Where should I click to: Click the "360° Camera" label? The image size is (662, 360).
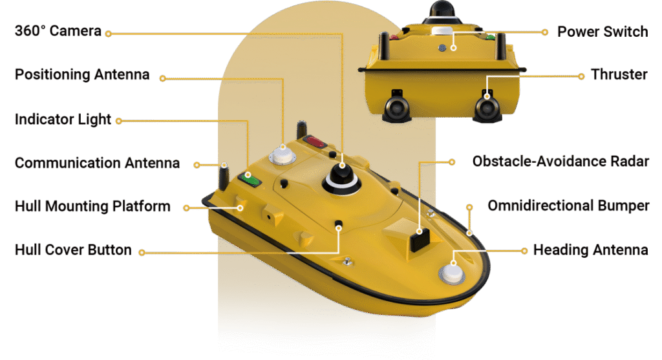click(58, 31)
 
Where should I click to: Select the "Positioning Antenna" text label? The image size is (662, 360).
click(82, 75)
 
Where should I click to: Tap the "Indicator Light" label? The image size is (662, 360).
click(63, 120)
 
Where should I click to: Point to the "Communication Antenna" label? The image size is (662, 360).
click(97, 163)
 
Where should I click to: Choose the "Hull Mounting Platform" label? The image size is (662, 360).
click(92, 206)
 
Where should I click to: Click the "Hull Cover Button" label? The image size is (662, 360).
click(73, 250)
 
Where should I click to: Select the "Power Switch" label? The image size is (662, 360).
click(603, 32)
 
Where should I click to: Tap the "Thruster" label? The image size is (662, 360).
click(619, 74)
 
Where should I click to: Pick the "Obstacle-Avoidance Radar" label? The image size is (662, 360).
click(561, 161)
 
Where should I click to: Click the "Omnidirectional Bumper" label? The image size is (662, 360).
click(568, 206)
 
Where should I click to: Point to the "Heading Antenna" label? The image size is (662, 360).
click(591, 250)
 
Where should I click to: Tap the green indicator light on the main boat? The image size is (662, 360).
click(250, 179)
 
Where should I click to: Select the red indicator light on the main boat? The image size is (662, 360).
click(315, 142)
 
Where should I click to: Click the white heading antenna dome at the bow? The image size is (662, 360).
click(452, 273)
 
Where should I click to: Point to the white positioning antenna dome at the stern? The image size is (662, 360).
click(282, 155)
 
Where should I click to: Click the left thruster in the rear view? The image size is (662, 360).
click(396, 109)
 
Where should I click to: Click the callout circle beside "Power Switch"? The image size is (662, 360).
click(544, 32)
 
